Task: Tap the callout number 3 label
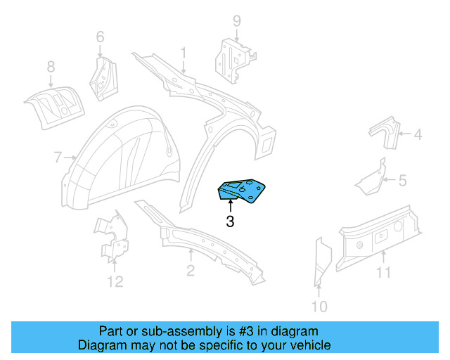[230, 222]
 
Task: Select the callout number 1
[184, 52]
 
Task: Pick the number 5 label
[402, 181]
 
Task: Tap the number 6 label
[100, 36]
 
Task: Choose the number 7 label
[58, 157]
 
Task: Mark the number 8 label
[51, 67]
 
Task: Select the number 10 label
[319, 306]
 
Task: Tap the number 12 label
[115, 282]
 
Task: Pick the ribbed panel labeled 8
[53, 104]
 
